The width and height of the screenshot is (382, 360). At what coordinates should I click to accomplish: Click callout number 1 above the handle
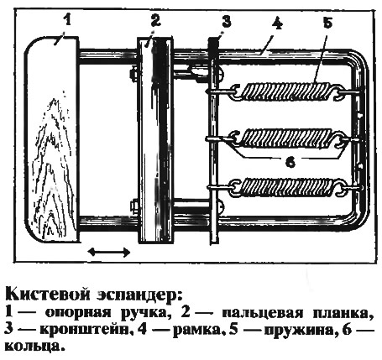(x=66, y=20)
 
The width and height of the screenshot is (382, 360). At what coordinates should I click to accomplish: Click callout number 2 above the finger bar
(x=155, y=20)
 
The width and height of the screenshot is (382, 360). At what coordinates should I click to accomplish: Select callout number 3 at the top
(x=226, y=21)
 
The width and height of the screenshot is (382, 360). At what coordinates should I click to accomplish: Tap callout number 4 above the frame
(x=276, y=23)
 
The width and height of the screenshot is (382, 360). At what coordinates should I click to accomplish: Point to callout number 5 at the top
(x=327, y=22)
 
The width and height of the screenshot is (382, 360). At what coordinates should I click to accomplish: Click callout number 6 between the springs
(x=290, y=161)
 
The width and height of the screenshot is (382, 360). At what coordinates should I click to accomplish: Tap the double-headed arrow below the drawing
(x=109, y=252)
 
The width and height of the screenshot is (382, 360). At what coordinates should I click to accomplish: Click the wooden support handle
(x=51, y=138)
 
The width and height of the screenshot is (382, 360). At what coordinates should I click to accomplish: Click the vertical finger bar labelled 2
(x=155, y=140)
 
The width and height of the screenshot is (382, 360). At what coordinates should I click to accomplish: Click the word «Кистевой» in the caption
(x=47, y=295)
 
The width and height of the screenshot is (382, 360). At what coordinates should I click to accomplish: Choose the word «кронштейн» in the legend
(x=85, y=330)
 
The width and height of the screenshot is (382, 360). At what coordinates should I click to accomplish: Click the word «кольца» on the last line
(x=32, y=347)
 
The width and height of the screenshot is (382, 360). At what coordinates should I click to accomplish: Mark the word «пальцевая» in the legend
(x=262, y=313)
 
